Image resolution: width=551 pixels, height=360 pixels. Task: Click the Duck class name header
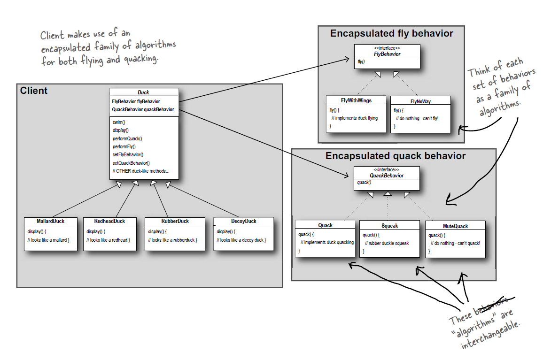point(143,92)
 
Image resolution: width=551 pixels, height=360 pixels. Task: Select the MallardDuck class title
point(50,221)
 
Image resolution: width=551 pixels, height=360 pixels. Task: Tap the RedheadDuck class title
point(109,221)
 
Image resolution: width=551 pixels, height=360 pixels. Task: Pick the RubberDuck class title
point(175,221)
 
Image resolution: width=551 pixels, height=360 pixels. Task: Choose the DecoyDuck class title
point(244,221)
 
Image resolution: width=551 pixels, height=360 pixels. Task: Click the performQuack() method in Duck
point(127,138)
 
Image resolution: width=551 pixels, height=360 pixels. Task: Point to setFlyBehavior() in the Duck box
point(128,154)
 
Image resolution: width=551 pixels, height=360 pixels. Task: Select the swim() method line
point(119,122)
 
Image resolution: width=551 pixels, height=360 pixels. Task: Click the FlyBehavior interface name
point(387,54)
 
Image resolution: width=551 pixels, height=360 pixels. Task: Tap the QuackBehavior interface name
point(387,176)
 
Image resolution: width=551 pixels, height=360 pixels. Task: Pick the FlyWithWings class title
point(357,100)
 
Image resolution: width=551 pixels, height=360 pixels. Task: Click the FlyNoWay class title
point(420,101)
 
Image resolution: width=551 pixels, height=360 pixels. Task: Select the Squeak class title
point(389,226)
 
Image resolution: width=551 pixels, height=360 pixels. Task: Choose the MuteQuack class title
point(455,226)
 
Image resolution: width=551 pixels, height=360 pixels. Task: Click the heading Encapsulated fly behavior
point(391,33)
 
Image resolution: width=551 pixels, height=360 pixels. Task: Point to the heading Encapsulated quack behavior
point(396,156)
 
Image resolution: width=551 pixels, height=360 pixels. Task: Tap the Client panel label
point(34,91)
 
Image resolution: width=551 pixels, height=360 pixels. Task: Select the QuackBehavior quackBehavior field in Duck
point(143,109)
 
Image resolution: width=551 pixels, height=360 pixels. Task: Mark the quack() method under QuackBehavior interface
point(364,183)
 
